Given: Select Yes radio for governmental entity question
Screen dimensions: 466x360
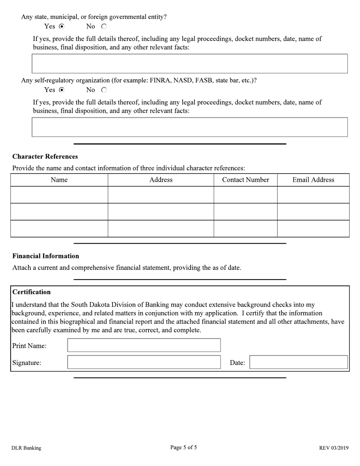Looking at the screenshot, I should (x=62, y=27).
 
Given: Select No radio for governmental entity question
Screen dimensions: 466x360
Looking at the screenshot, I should (x=104, y=27).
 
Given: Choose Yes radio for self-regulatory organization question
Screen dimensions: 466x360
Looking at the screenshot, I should (x=62, y=90).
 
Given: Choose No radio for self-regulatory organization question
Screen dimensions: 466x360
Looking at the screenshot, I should (x=104, y=90).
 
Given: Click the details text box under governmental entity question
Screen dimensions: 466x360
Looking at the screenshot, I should (x=189, y=64).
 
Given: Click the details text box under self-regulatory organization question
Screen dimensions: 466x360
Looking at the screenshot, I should (x=189, y=127).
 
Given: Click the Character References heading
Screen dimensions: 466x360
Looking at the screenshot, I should (x=45, y=156).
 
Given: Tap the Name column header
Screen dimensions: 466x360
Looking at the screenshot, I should (x=59, y=180).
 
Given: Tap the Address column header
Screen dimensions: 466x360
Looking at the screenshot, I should (x=161, y=180).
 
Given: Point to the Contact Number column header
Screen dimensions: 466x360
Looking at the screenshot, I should (x=246, y=180).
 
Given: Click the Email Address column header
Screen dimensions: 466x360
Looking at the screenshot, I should (x=313, y=180).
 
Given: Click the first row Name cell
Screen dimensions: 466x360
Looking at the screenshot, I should (x=59, y=195).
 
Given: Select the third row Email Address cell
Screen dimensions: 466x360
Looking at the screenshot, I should (x=313, y=228).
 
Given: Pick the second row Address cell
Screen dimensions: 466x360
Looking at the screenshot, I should (x=161, y=212).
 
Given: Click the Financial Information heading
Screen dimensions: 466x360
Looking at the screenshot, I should (x=45, y=256).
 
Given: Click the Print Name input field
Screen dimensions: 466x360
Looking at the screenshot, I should (x=144, y=346).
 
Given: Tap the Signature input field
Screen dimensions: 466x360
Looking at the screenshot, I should (x=144, y=362).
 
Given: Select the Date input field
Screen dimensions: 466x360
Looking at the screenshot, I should (x=298, y=362).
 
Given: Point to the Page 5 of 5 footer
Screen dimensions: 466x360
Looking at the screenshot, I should (x=183, y=447).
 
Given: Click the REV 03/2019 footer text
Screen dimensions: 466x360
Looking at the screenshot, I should (x=333, y=448).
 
